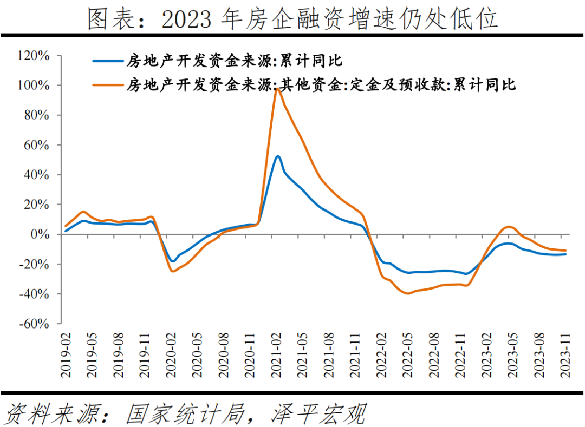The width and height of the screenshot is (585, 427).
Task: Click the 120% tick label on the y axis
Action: coord(34,56)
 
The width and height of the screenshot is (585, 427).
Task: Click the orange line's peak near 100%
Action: coord(277,89)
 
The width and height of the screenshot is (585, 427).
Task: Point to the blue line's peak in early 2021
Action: coord(277,156)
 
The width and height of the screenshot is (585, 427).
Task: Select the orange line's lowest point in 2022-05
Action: coord(407,293)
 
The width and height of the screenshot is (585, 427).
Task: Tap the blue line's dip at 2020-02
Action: coord(172,261)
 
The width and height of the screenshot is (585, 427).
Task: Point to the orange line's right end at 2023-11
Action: coord(565,251)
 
